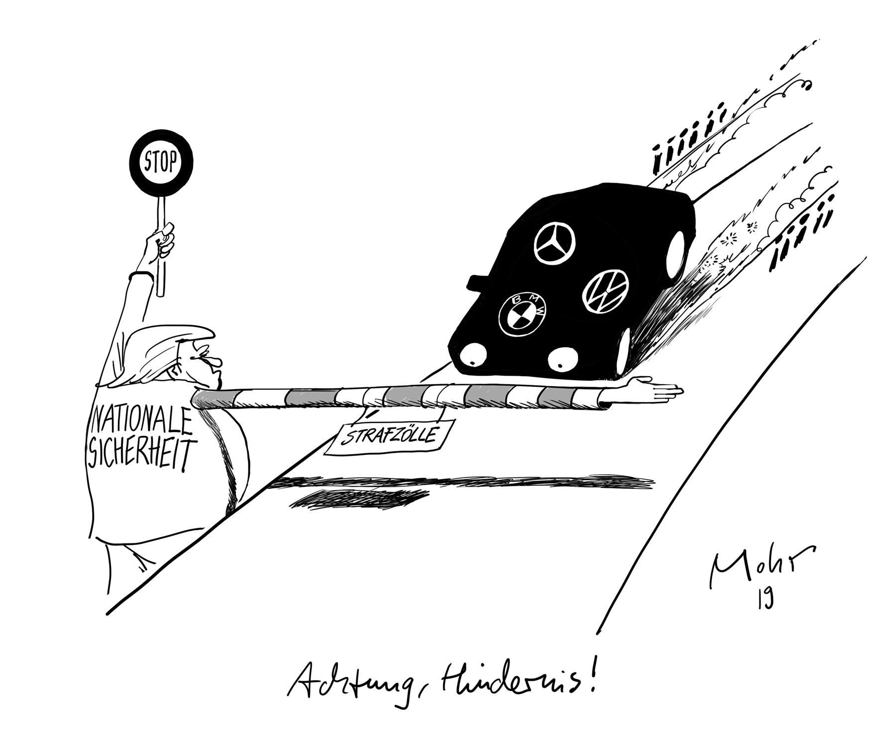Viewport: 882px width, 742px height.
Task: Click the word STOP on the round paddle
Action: coord(161,162)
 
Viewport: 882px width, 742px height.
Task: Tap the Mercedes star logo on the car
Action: coord(554,244)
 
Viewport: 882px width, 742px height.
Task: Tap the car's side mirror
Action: coord(473,281)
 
